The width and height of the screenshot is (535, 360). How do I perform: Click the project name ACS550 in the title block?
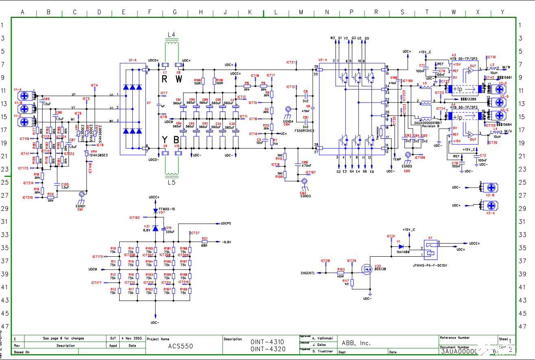[181, 347]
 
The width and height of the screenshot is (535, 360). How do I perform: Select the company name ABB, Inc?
[356, 343]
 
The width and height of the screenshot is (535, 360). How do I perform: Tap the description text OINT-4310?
[267, 342]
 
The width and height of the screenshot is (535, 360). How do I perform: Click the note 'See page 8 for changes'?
[63, 338]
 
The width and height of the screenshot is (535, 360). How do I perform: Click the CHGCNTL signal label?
[308, 273]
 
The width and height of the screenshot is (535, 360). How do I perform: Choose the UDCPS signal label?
[225, 224]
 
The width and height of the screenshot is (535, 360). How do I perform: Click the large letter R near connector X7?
[164, 79]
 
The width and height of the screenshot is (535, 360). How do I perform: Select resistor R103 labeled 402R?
[341, 273]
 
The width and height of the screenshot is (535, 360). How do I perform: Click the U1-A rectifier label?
[133, 60]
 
